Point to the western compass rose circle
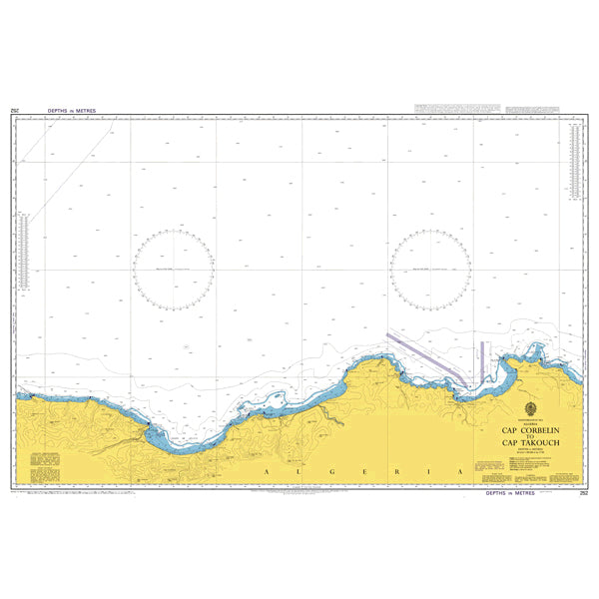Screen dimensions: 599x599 [x=173, y=269]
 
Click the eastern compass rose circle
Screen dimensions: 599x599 [x=430, y=269]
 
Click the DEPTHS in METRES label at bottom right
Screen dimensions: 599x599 [x=510, y=493]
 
